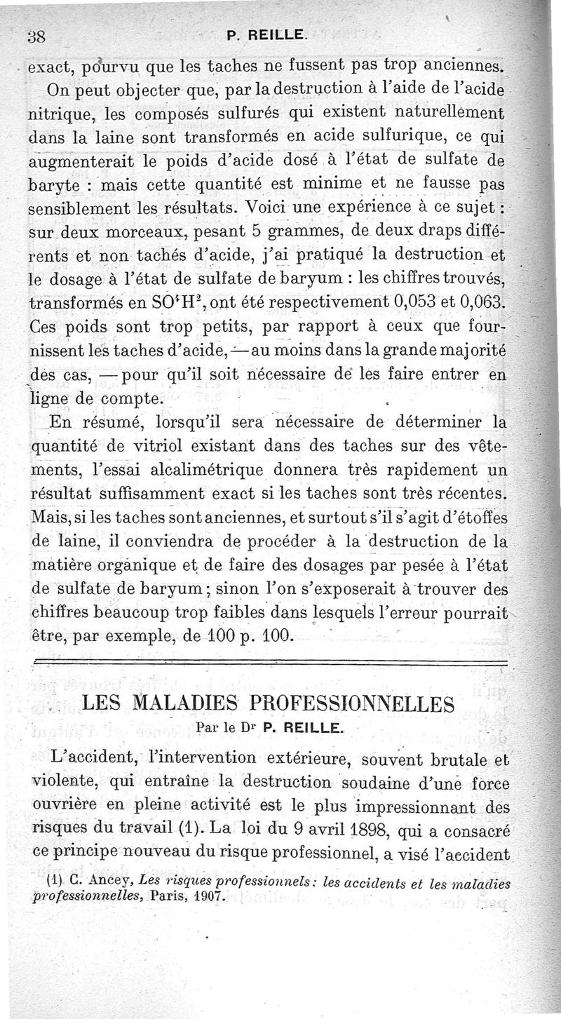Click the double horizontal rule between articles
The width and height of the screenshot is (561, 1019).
270,663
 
